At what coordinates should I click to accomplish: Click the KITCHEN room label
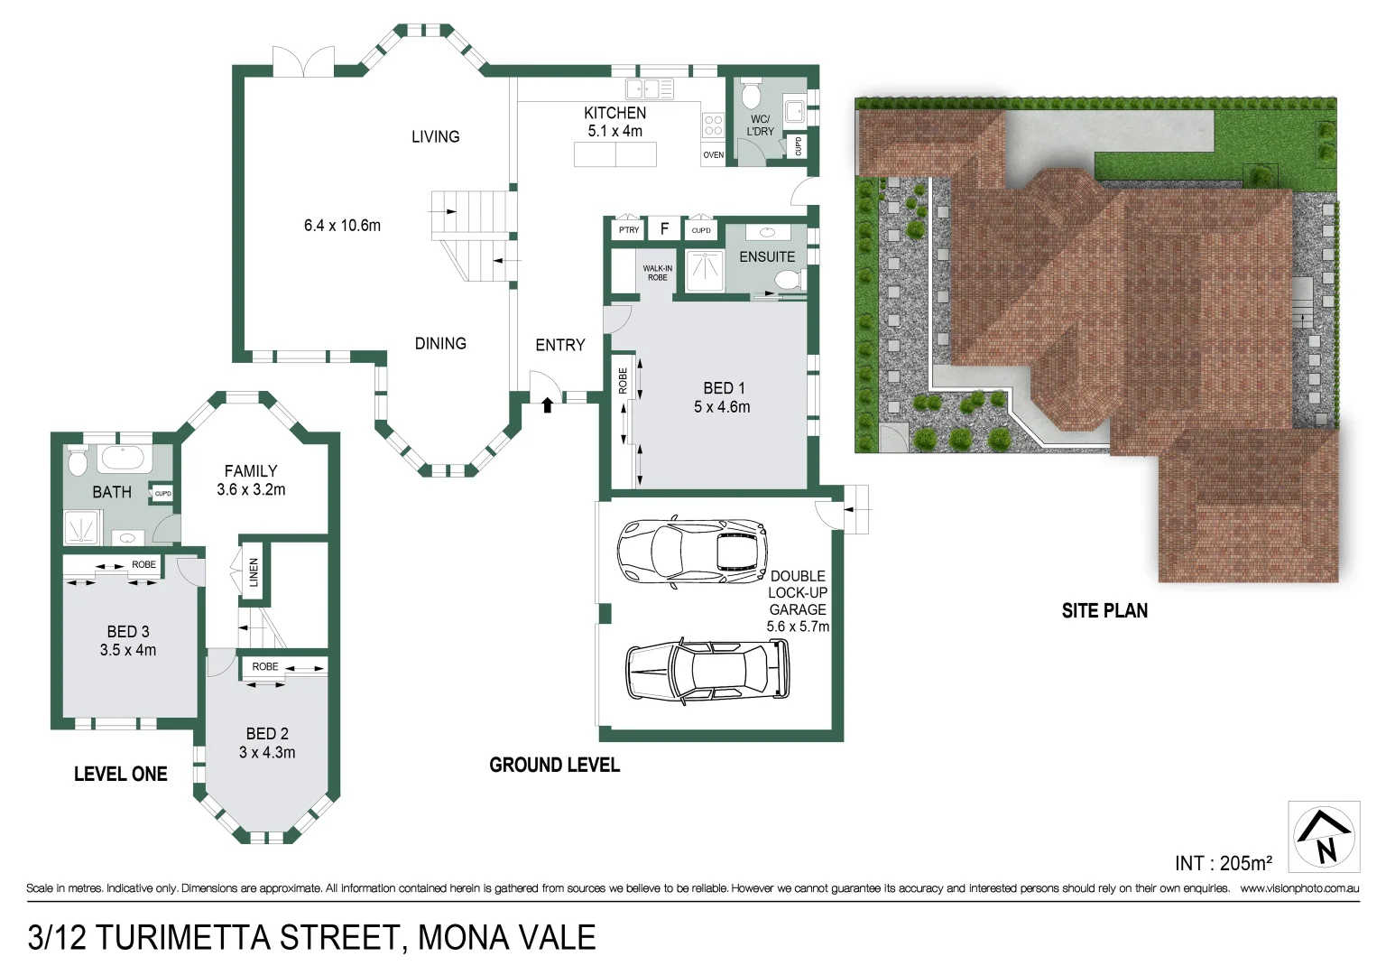pyautogui.click(x=614, y=113)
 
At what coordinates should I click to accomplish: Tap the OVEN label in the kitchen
pyautogui.click(x=713, y=155)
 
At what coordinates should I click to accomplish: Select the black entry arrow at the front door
pyautogui.click(x=547, y=405)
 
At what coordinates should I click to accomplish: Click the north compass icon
pyautogui.click(x=1324, y=837)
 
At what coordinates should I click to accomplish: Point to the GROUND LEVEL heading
pyautogui.click(x=554, y=766)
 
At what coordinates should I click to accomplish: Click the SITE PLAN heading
pyautogui.click(x=1104, y=611)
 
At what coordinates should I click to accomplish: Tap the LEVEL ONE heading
pyautogui.click(x=121, y=775)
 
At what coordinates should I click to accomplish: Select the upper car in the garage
pyautogui.click(x=692, y=550)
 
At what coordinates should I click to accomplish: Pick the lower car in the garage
pyautogui.click(x=707, y=670)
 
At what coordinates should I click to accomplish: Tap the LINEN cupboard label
pyautogui.click(x=254, y=571)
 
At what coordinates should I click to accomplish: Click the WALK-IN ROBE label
pyautogui.click(x=657, y=273)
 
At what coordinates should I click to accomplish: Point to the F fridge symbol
pyautogui.click(x=664, y=229)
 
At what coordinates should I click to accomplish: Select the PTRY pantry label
pyautogui.click(x=629, y=230)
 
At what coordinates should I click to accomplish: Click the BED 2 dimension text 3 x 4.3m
pyautogui.click(x=267, y=753)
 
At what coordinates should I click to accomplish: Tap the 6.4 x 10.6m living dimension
pyautogui.click(x=342, y=226)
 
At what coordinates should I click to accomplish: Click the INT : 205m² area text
pyautogui.click(x=1223, y=864)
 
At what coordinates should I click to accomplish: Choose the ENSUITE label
pyautogui.click(x=767, y=257)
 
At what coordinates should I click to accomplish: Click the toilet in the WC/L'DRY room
pyautogui.click(x=751, y=95)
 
